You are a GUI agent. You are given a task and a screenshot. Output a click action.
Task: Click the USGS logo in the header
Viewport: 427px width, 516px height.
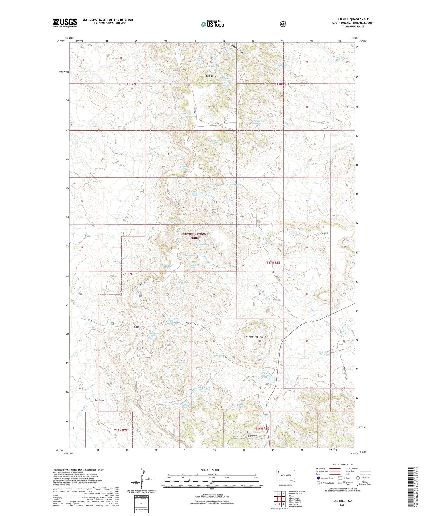point(65,23)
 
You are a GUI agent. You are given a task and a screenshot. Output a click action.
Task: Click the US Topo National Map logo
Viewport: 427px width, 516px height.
point(212,24)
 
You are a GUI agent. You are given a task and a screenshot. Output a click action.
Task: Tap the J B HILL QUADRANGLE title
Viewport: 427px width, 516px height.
point(353,19)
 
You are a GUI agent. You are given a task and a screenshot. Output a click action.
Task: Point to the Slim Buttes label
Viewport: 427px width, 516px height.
point(212,76)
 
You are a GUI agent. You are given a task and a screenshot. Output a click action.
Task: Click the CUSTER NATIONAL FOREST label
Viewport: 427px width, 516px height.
point(196,236)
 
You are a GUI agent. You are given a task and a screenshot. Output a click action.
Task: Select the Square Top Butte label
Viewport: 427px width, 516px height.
point(256,336)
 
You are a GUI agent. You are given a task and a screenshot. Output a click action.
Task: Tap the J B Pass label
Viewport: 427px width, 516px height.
point(137,327)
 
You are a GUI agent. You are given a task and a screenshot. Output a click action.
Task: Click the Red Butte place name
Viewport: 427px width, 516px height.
point(100,400)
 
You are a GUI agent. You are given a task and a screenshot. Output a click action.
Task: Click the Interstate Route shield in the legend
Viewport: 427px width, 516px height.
point(318,478)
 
